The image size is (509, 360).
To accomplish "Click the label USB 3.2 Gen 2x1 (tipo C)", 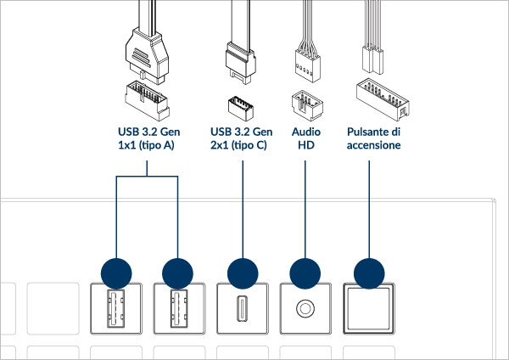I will (241, 138).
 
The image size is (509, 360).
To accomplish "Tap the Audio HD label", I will (305, 138).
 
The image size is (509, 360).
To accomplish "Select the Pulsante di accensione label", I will (373, 138).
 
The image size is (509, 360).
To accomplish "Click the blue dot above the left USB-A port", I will (115, 273).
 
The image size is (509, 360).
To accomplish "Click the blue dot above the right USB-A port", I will (178, 273).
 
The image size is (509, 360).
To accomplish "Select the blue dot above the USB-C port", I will (243, 273).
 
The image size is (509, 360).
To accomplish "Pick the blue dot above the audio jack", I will (305, 273).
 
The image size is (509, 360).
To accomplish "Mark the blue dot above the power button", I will (369, 273).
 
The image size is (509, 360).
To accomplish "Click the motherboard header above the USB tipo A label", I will (146, 98).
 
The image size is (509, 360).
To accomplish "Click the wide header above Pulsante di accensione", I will (379, 97).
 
